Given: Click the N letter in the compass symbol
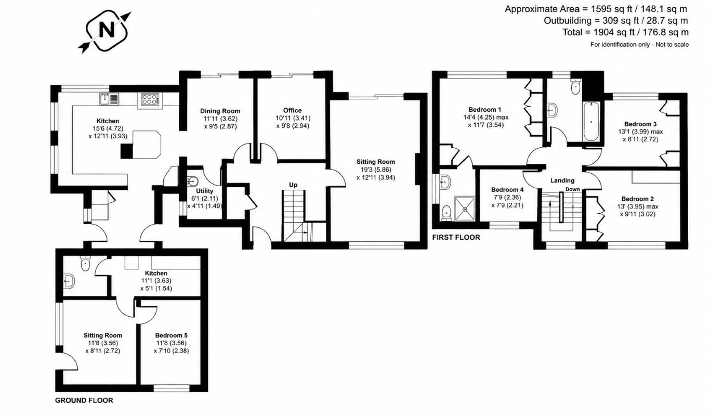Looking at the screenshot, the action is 107,30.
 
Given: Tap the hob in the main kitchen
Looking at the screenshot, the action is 149,99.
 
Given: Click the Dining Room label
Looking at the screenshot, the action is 220,111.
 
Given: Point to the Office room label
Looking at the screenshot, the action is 293,110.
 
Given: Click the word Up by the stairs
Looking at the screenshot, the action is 293,185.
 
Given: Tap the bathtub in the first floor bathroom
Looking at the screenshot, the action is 591,121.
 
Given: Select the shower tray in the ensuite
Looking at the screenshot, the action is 465,209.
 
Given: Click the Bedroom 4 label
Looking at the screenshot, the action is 507,190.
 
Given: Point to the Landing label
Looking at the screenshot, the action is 562,180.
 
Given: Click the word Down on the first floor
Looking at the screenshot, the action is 573,189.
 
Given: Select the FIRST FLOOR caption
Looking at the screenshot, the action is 456,237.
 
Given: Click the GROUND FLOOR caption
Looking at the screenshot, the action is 84,400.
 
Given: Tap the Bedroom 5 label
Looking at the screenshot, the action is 171,335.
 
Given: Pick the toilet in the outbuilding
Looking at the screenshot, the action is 85,263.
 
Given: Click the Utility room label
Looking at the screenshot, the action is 204,191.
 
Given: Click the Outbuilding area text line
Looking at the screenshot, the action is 616,21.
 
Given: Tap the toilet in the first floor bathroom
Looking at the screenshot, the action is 575,87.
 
